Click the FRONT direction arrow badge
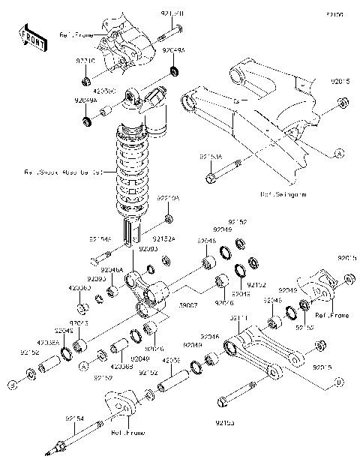(34, 37)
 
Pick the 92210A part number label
(166, 198)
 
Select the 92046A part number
(112, 268)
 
